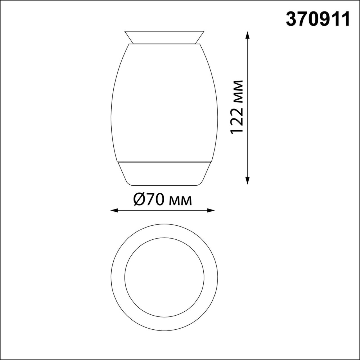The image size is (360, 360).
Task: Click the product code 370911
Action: click(318, 19)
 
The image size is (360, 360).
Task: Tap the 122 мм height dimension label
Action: click(236, 107)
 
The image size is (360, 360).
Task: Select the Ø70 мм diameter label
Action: click(163, 200)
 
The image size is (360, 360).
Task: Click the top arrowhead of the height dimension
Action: click(247, 34)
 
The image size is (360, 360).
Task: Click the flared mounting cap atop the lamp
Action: click(164, 37)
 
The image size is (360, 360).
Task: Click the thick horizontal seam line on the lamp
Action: click(164, 162)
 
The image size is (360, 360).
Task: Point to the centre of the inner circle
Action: click(164, 277)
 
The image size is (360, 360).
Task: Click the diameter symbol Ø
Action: click(139, 200)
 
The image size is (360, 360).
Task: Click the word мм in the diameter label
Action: click(181, 201)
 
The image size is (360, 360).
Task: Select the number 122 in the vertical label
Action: click(236, 121)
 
